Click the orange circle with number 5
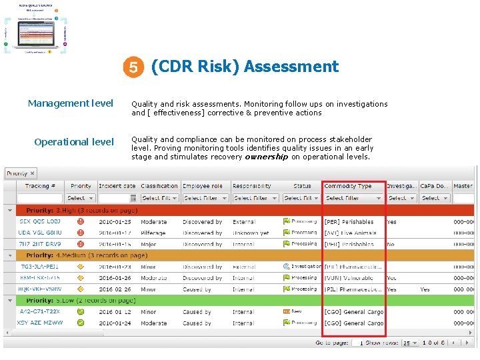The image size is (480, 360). [134, 67]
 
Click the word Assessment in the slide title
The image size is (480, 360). [291, 67]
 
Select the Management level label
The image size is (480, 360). [71, 103]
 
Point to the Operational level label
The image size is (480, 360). [74, 142]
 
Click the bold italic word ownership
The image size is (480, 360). [267, 157]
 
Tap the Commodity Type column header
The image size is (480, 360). [348, 186]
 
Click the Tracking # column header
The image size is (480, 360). [41, 186]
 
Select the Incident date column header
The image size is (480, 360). [117, 186]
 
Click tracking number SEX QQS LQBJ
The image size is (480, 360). [40, 222]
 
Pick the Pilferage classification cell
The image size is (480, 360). [155, 233]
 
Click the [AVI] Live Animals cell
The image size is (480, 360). [351, 233]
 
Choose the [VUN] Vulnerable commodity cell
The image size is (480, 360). [349, 278]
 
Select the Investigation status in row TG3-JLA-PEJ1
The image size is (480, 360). [306, 267]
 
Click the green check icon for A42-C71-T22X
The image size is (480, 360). [81, 311]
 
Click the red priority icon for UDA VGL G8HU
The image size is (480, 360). [81, 233]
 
